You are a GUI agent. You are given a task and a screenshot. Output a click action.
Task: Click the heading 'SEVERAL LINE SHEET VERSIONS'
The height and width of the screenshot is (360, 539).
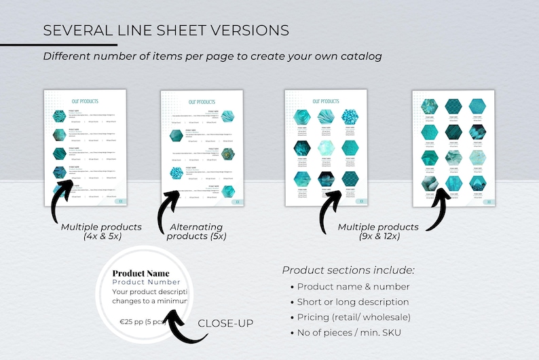[166, 31]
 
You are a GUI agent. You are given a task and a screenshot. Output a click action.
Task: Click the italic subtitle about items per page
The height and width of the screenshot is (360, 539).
[212, 56]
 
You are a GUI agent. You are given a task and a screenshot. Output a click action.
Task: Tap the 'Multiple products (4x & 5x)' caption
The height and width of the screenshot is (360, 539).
[101, 231]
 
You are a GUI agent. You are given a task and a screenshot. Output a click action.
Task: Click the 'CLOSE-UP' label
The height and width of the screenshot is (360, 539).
[225, 323]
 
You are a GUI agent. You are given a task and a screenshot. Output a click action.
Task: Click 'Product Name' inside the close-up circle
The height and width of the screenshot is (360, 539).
[141, 273]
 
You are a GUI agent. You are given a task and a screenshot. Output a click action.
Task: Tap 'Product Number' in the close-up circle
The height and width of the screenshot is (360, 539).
[146, 282]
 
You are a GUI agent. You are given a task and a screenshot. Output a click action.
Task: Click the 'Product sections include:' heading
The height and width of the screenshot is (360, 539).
[348, 270]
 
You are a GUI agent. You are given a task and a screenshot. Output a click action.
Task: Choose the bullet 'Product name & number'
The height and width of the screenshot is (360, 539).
[353, 287]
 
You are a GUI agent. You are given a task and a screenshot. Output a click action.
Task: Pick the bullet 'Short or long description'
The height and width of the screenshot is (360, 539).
[353, 302]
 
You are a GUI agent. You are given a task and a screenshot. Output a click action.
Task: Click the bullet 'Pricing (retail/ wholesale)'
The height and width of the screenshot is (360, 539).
[354, 317]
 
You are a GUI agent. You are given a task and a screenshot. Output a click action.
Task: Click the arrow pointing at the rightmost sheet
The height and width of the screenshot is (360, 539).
[436, 204]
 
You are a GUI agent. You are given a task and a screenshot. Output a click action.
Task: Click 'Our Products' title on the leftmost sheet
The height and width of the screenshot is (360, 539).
[86, 101]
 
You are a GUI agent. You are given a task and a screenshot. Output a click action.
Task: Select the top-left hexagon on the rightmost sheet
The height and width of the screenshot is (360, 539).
[429, 107]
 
